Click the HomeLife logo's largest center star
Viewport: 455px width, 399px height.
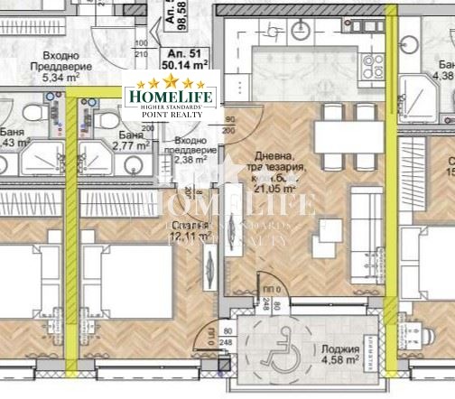coord(165,83)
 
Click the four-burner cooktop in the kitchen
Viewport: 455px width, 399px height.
coord(370,64)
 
